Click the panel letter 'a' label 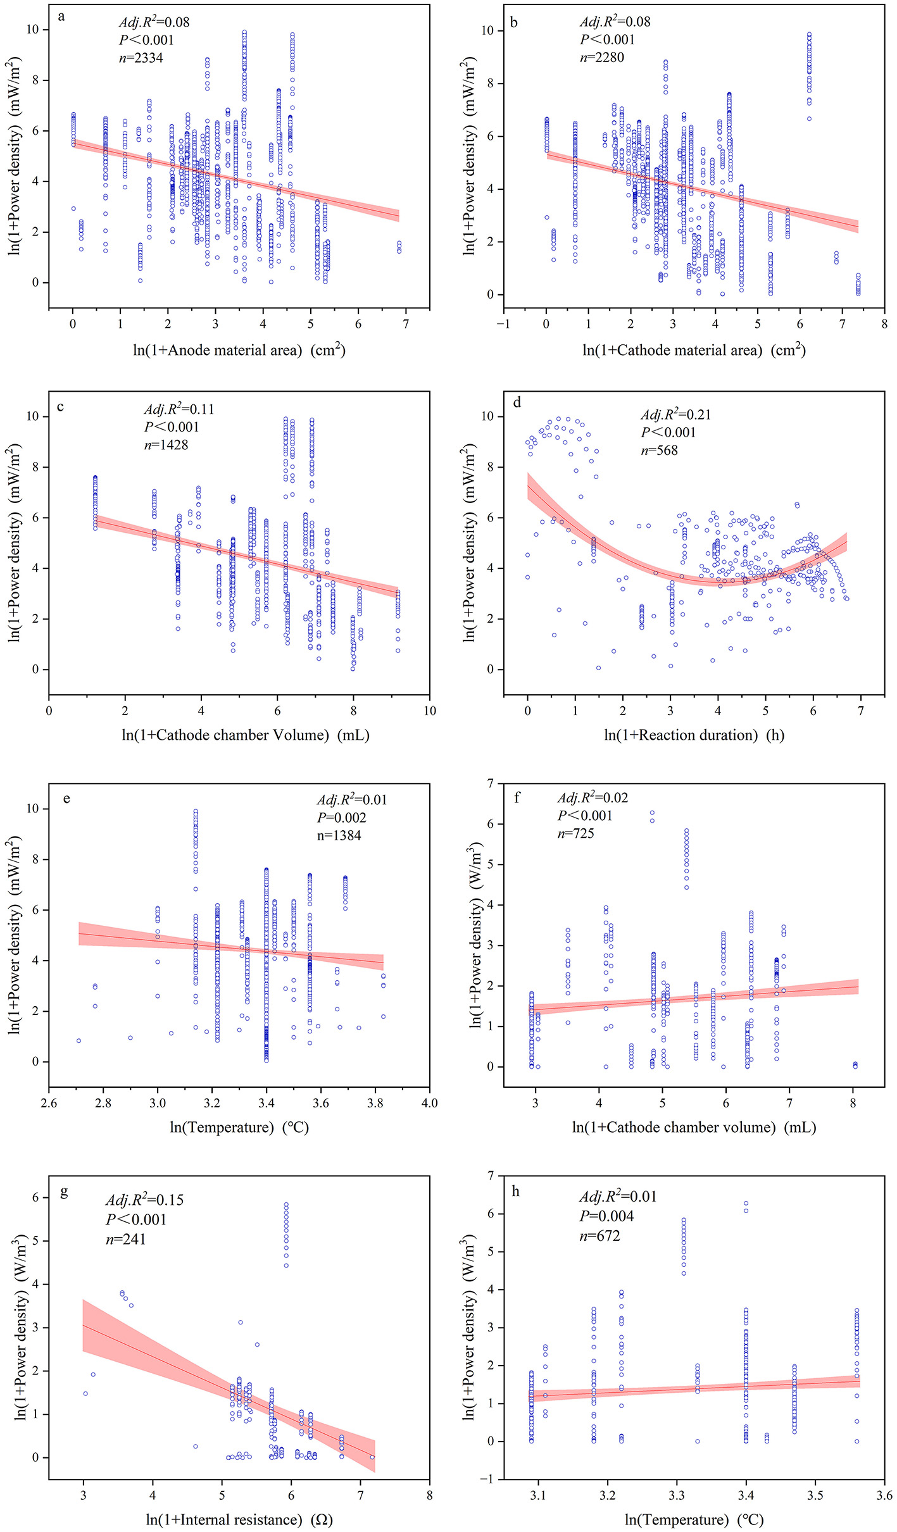(x=61, y=16)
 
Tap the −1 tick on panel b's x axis (x=503, y=324)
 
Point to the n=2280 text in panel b (x=602, y=58)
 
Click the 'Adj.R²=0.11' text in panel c (x=179, y=409)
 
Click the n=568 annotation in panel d (x=659, y=451)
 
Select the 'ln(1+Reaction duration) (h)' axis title (x=694, y=735)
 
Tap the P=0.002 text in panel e (x=341, y=818)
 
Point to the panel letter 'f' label (x=517, y=798)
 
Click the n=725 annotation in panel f (x=575, y=833)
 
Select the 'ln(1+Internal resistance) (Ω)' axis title (x=239, y=1519)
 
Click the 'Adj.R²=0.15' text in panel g (x=144, y=1200)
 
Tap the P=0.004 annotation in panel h (x=606, y=1216)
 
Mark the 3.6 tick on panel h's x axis (x=884, y=1495)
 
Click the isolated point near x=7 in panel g (x=372, y=1457)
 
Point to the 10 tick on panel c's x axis (x=429, y=711)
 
